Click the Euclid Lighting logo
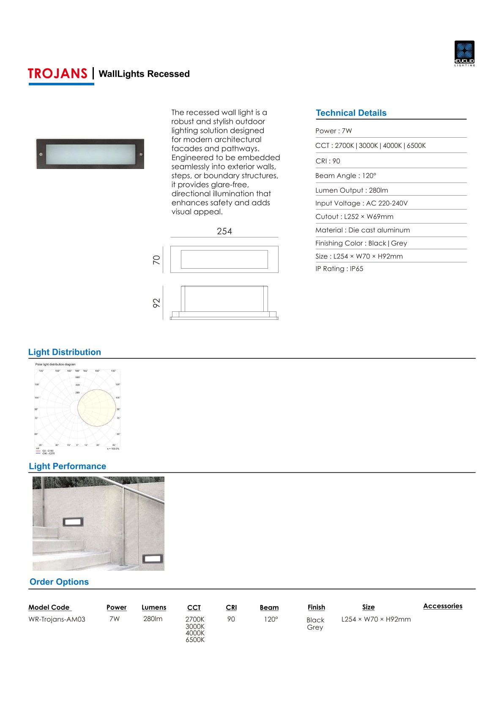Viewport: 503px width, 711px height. click(x=464, y=53)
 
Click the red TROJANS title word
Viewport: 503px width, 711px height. click(x=57, y=74)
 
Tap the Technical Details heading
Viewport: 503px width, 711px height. click(x=351, y=113)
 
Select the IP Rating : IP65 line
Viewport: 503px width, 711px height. click(x=339, y=269)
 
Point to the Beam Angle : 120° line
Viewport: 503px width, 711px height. click(x=345, y=176)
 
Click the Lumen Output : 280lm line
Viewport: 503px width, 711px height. click(x=351, y=190)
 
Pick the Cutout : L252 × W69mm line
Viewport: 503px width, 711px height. click(x=354, y=217)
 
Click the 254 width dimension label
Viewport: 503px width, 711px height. click(x=224, y=231)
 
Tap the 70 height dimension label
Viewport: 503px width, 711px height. click(x=156, y=259)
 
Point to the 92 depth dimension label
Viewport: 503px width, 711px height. click(x=156, y=303)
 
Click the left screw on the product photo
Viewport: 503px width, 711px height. click(x=41, y=154)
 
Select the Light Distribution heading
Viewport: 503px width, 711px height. click(x=64, y=352)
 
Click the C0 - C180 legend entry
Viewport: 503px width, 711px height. click(x=48, y=451)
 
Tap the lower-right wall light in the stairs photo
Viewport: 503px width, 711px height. click(x=152, y=558)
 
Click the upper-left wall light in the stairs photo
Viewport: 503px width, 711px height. click(x=73, y=522)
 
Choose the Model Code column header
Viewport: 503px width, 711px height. click(x=49, y=607)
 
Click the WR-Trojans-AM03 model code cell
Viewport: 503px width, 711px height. click(x=57, y=619)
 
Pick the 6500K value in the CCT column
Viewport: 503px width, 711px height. click(x=195, y=640)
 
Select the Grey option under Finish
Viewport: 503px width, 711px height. click(x=315, y=627)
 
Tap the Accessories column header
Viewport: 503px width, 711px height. click(x=443, y=606)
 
